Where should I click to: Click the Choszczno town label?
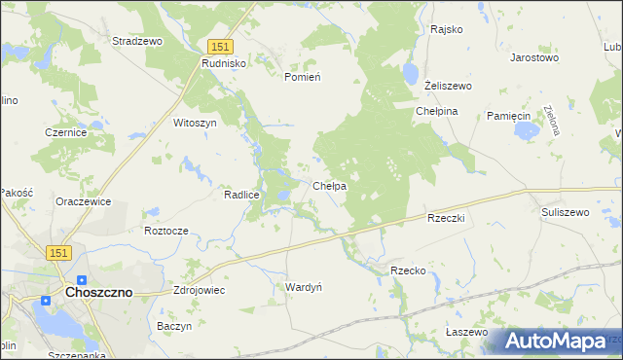click(98, 292)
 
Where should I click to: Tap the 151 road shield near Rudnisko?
click(220, 47)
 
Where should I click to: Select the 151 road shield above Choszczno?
click(58, 252)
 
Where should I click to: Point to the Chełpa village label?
click(330, 186)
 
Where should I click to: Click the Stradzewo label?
click(137, 42)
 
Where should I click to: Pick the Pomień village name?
click(302, 76)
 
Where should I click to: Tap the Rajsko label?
click(446, 29)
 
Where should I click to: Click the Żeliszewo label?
click(448, 87)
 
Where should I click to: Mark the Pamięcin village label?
click(508, 116)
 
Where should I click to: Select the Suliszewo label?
click(566, 211)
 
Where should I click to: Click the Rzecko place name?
click(408, 270)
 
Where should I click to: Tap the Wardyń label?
click(304, 287)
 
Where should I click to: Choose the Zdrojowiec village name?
click(199, 289)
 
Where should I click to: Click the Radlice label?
click(241, 195)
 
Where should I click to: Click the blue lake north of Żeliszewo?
click(410, 75)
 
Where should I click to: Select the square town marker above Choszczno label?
click(82, 279)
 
